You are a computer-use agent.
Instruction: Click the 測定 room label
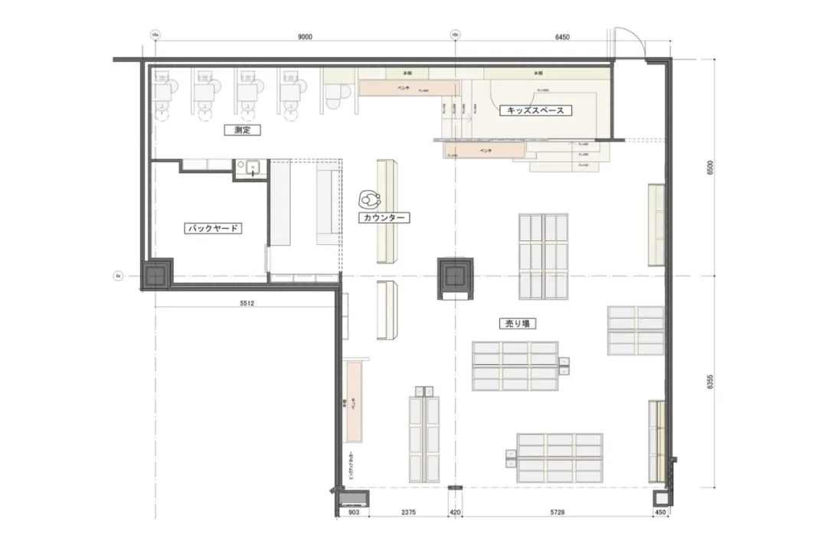coord(243,130)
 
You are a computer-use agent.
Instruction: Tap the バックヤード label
coord(214,228)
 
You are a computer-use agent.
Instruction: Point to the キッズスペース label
coord(536,110)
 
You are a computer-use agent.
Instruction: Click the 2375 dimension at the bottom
coord(407,513)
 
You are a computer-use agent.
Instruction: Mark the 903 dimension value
coord(353,513)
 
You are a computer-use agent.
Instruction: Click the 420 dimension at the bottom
coord(456,513)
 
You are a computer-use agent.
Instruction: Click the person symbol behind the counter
coord(371,200)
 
